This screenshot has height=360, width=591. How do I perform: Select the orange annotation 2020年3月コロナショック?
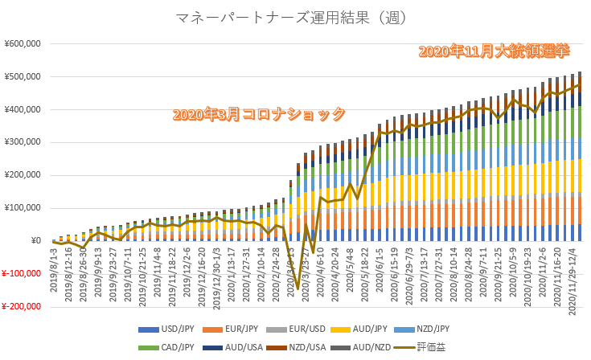pyautogui.click(x=259, y=114)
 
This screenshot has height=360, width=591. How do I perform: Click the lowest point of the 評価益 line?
pyautogui.click(x=298, y=288)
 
